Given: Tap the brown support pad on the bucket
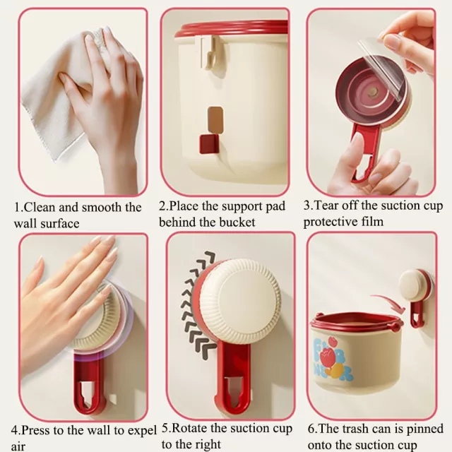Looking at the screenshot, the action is point(215,120).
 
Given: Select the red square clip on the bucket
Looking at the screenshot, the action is point(209,143).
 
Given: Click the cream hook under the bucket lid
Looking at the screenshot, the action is point(208,52).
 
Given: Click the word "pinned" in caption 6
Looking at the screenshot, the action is point(425,429).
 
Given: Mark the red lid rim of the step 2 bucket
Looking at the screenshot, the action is point(232,29).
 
